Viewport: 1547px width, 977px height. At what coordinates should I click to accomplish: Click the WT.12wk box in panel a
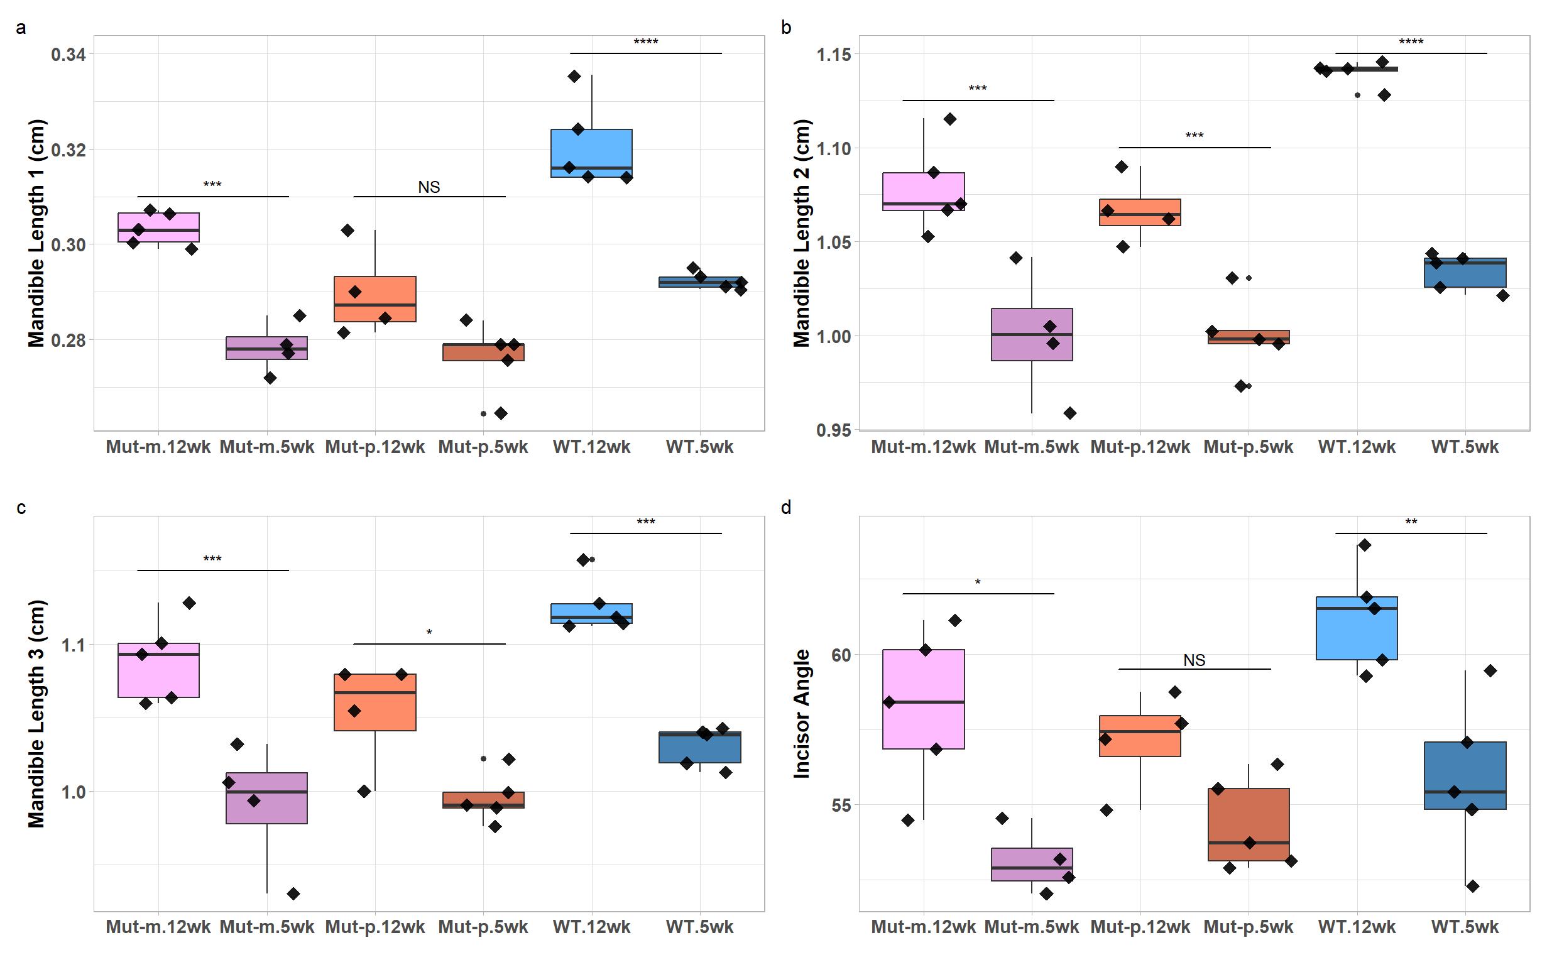tap(591, 153)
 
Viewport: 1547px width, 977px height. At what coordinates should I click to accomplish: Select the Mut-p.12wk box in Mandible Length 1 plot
tap(374, 298)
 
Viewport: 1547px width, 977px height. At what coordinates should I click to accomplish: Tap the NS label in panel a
tap(429, 187)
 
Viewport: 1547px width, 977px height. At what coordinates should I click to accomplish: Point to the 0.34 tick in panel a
tap(68, 55)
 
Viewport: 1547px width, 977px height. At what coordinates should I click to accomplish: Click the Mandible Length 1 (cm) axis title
tap(36, 233)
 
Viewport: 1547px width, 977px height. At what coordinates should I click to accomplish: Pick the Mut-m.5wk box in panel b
tap(1031, 334)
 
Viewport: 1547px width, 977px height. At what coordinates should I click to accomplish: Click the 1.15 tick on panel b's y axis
tap(833, 55)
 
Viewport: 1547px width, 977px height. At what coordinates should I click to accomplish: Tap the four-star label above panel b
tap(1411, 42)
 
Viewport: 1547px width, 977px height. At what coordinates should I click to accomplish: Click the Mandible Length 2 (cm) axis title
tap(802, 233)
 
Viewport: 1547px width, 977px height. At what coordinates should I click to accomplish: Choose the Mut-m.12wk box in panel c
tap(158, 670)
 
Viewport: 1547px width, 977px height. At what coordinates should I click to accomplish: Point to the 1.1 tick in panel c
tap(74, 645)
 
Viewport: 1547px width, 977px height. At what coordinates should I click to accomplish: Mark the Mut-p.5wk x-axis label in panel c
tap(483, 927)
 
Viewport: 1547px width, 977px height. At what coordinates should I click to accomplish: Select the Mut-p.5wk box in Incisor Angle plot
tap(1249, 824)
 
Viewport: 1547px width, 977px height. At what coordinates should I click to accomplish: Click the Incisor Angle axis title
tap(802, 714)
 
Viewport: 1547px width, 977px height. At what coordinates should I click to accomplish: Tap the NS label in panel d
tap(1194, 660)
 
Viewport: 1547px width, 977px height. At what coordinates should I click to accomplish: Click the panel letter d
tap(785, 508)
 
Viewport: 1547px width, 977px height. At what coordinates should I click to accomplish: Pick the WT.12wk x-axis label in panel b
tap(1356, 447)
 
